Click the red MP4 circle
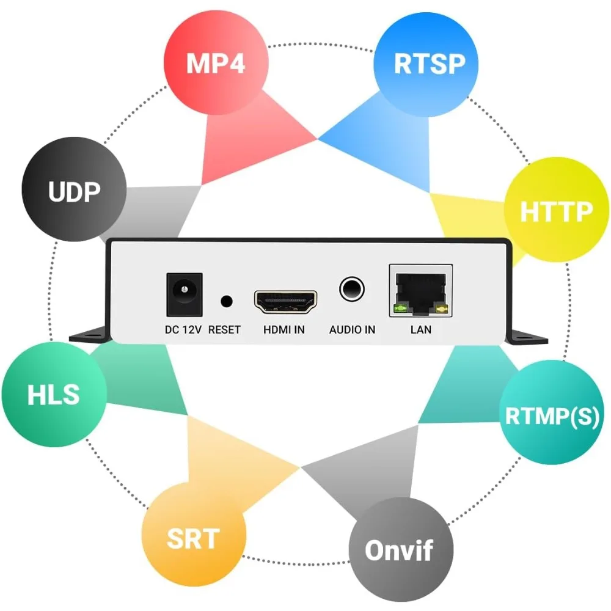pos(216,63)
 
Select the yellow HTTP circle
pos(555,211)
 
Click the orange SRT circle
pos(193,538)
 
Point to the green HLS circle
pos(54,395)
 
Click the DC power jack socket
pos(184,292)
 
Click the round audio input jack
pos(352,288)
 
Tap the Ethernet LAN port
pos(421,291)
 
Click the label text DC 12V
pos(183,330)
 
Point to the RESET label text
pos(224,330)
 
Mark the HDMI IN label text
pos(284,330)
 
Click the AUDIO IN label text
pos(352,330)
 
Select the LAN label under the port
pos(421,330)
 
